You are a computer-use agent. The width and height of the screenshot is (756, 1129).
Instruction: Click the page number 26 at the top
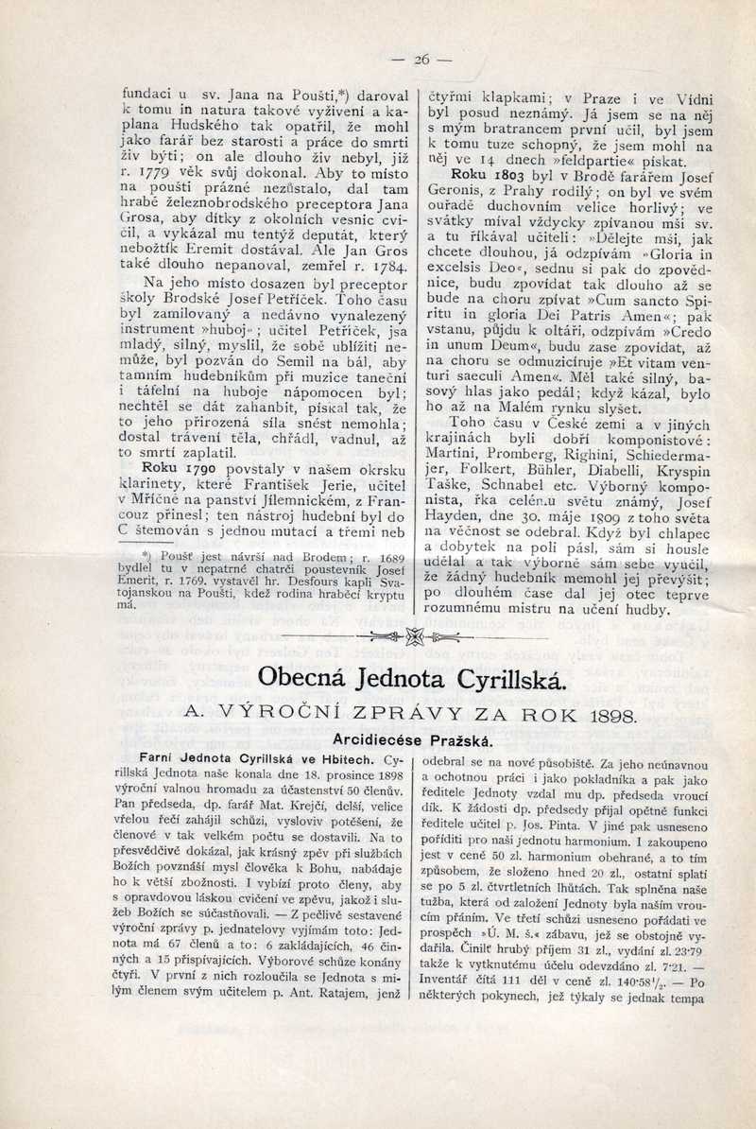coord(421,60)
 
